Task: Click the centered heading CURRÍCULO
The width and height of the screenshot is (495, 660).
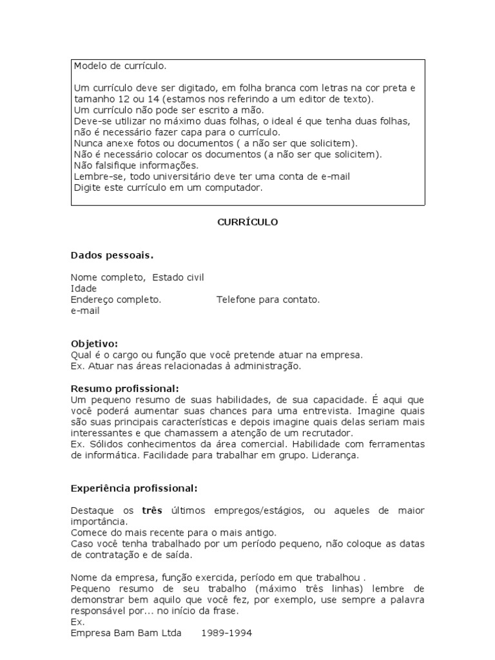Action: [x=247, y=222]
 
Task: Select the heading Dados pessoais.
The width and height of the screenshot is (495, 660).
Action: [x=112, y=255]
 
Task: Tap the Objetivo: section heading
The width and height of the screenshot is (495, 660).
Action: [x=94, y=344]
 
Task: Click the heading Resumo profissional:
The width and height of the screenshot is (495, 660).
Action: [x=124, y=388]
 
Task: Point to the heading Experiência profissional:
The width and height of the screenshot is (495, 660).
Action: [x=134, y=488]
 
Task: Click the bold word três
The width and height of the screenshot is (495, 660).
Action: [x=151, y=510]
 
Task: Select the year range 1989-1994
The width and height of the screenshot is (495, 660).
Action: [x=226, y=633]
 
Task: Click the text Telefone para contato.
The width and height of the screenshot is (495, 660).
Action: [x=268, y=299]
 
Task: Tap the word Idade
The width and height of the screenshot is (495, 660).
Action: [x=84, y=288]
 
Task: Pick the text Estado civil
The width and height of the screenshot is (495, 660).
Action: [x=178, y=277]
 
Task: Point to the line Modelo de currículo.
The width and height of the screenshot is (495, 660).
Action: [x=120, y=66]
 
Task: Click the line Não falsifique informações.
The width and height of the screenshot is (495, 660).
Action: [x=127, y=164]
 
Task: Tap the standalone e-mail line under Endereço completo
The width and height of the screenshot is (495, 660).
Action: [x=85, y=310]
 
